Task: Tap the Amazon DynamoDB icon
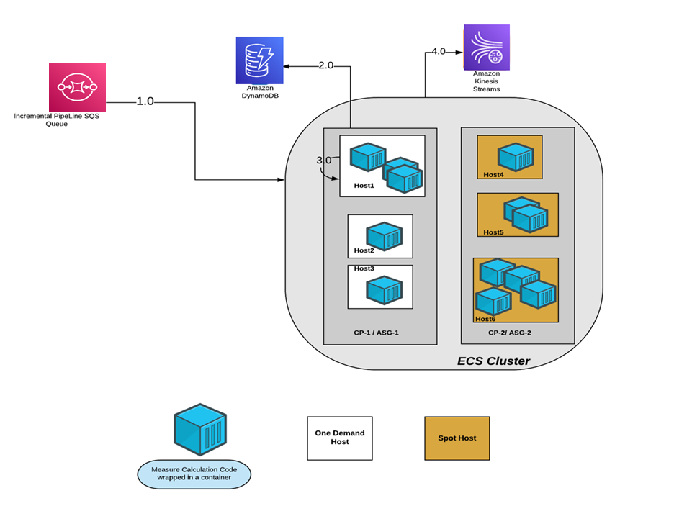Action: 259,60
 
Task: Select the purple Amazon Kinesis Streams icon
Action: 487,48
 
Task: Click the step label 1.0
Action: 145,101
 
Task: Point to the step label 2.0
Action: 326,65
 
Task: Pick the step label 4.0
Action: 438,51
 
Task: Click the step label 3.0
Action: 324,160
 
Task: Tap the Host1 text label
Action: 364,186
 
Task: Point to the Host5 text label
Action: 494,232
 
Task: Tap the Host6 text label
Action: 485,318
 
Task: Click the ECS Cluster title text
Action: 493,361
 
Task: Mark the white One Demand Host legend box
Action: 340,438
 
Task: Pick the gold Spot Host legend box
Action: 457,438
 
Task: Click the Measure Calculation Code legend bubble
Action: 194,474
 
